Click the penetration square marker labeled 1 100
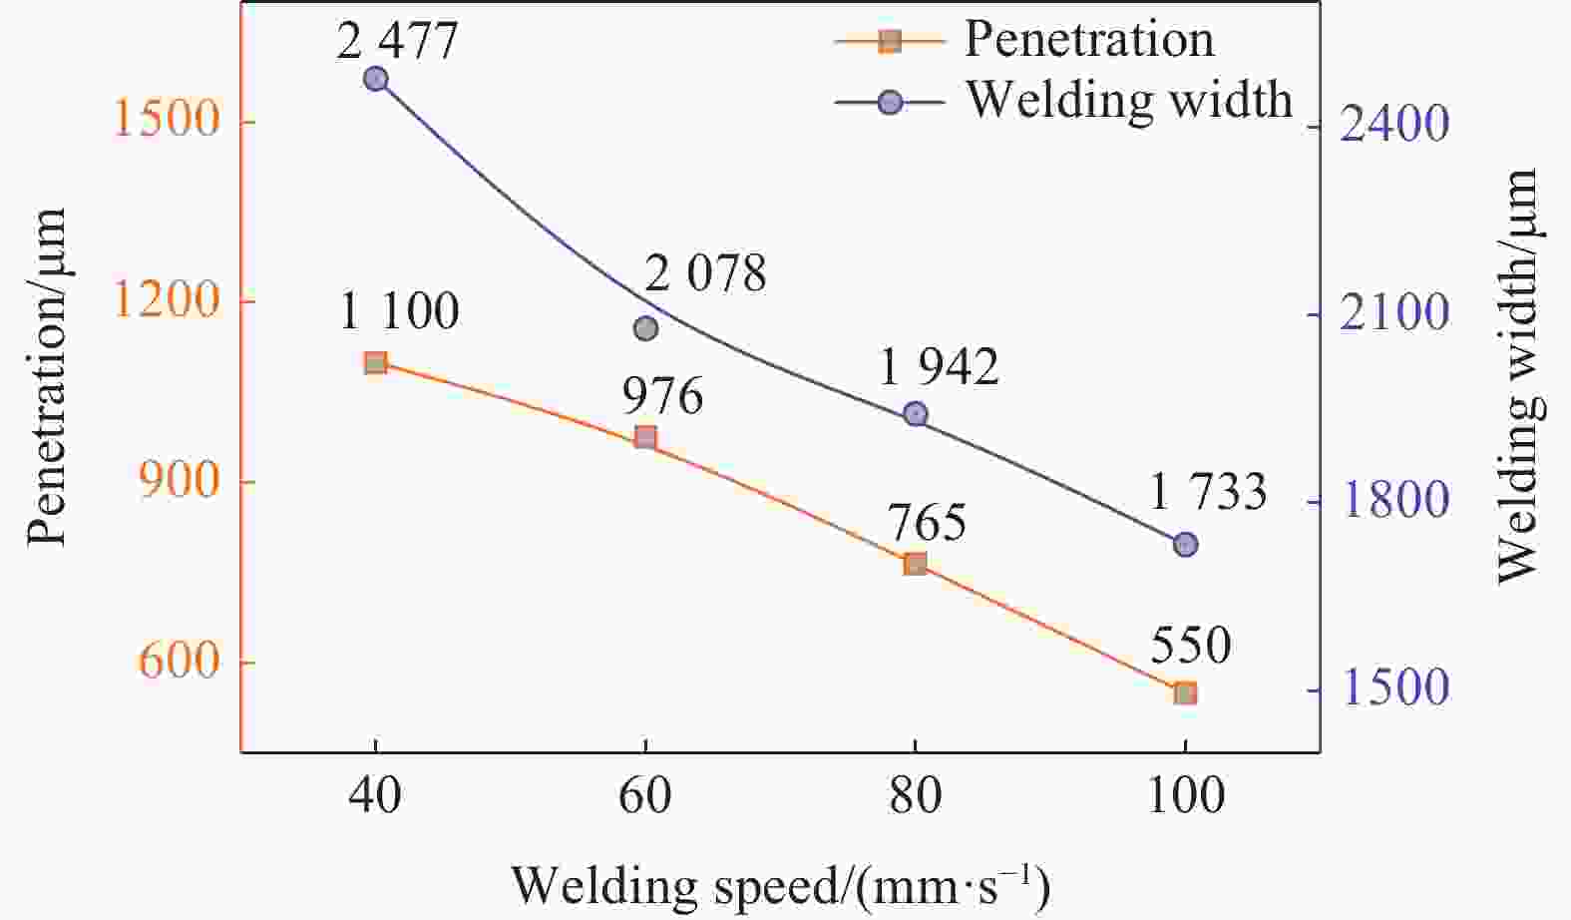pyautogui.click(x=375, y=362)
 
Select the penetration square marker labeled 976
pyautogui.click(x=645, y=437)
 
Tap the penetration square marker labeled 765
pyautogui.click(x=915, y=564)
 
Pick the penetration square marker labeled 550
pyautogui.click(x=1185, y=693)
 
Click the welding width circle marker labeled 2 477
pyautogui.click(x=375, y=79)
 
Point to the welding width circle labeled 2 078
pyautogui.click(x=645, y=328)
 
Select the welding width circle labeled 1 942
pyautogui.click(x=916, y=414)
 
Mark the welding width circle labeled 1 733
pyautogui.click(x=1185, y=544)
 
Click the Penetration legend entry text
pyautogui.click(x=1089, y=40)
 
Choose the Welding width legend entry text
pyautogui.click(x=1129, y=100)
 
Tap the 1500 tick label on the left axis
pyautogui.click(x=166, y=121)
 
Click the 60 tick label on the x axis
pyautogui.click(x=645, y=797)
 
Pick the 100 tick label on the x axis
pyautogui.click(x=1185, y=797)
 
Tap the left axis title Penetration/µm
pyautogui.click(x=47, y=377)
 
